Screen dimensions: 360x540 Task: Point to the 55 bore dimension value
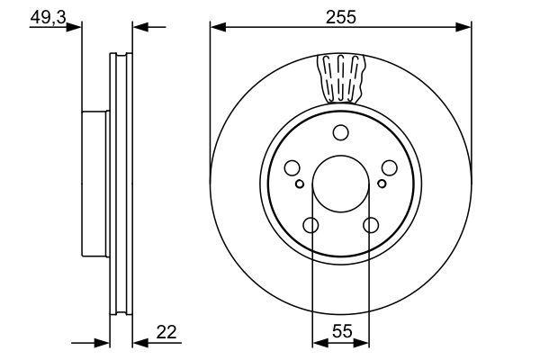click(340, 331)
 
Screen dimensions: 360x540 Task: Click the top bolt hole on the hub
click(340, 134)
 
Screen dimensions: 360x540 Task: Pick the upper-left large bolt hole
click(291, 168)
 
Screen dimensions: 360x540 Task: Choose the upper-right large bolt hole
click(390, 168)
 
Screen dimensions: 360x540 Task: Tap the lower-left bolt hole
click(310, 226)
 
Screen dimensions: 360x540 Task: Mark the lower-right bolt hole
click(370, 226)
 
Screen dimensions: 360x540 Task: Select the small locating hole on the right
click(382, 184)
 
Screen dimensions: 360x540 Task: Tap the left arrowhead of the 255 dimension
click(216, 27)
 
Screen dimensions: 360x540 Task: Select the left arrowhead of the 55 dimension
click(317, 342)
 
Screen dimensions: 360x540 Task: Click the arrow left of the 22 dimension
click(103, 342)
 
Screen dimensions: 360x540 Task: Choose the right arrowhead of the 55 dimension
click(364, 342)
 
